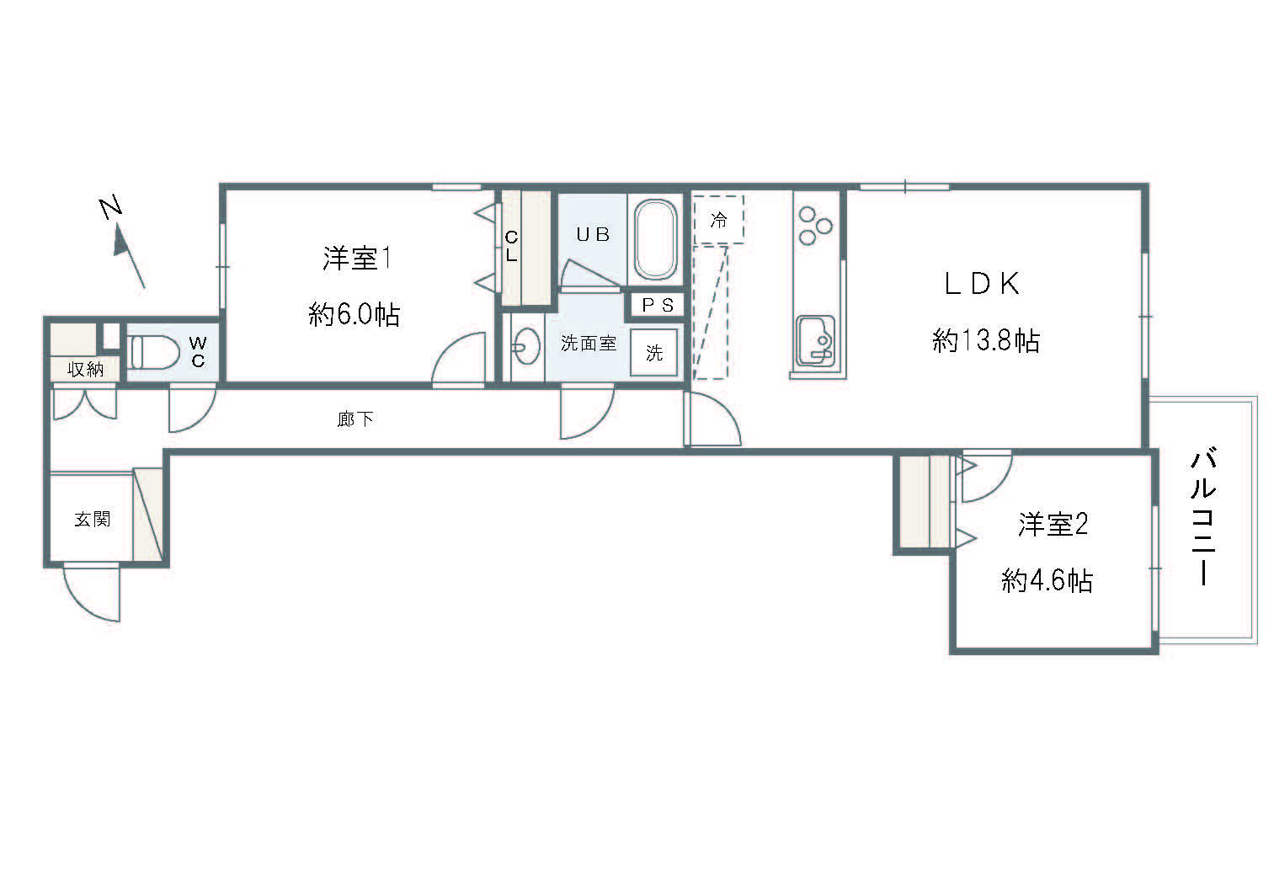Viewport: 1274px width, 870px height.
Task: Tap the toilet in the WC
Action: [x=152, y=352]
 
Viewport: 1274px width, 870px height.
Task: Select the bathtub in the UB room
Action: [x=655, y=238]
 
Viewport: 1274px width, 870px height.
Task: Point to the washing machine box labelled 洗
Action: [x=654, y=353]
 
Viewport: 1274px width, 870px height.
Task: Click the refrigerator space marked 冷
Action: [x=718, y=220]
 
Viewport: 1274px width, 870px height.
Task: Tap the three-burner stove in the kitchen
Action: [x=815, y=225]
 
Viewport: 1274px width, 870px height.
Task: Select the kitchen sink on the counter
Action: [x=814, y=340]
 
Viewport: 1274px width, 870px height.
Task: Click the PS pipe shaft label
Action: [x=658, y=306]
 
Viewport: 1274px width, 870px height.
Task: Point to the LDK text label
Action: [x=982, y=285]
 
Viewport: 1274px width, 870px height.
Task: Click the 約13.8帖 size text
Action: [x=986, y=341]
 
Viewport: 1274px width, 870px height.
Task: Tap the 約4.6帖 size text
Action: [x=1047, y=580]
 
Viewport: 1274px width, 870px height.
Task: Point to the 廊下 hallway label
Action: [x=355, y=419]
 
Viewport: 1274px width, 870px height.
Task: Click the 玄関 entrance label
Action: [x=92, y=519]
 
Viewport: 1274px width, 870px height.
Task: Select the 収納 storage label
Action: [x=85, y=369]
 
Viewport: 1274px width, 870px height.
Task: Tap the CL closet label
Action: [x=511, y=247]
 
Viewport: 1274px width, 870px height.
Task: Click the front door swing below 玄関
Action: [x=92, y=592]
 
